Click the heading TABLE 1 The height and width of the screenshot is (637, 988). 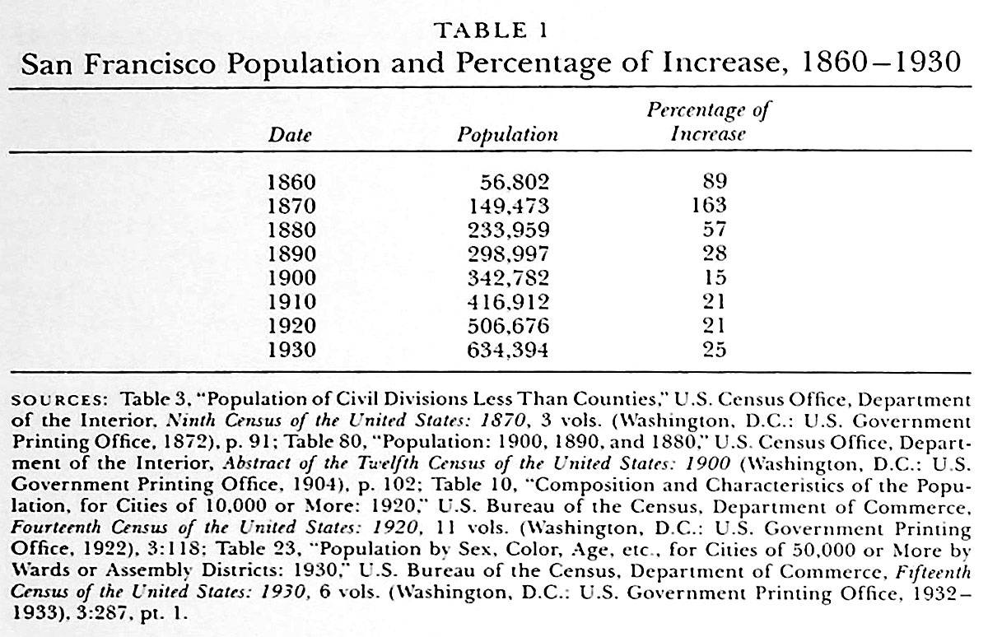coord(492,31)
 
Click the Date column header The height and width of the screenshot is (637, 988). coord(290,135)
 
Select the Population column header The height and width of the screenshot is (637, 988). coord(507,135)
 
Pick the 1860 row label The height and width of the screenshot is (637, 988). coord(291,182)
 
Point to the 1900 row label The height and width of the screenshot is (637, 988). coord(291,277)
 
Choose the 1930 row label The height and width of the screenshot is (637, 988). coord(291,350)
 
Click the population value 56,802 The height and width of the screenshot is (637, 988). coord(514,182)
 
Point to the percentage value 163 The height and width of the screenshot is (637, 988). coord(709,206)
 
